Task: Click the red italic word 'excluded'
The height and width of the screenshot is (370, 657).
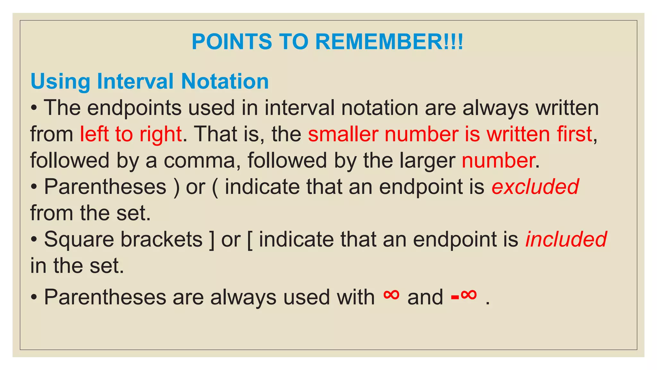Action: click(535, 187)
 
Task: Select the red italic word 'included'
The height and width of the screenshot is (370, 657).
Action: click(566, 239)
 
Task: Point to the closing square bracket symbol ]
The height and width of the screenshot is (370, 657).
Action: click(211, 240)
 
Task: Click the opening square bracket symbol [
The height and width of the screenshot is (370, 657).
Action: click(250, 240)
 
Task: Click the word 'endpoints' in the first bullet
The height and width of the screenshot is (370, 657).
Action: click(134, 108)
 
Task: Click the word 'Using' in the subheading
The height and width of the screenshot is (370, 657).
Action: click(60, 82)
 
